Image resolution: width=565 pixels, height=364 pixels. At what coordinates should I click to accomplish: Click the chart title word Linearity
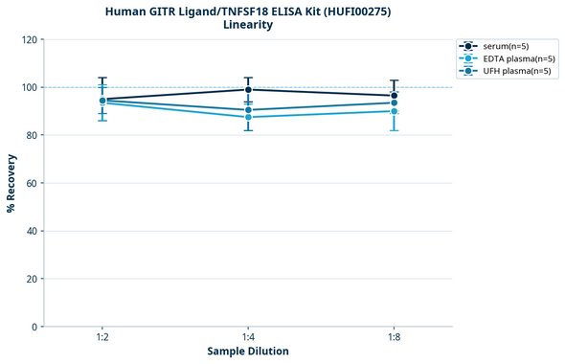(248, 25)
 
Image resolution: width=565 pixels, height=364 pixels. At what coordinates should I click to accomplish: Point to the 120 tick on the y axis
(28, 40)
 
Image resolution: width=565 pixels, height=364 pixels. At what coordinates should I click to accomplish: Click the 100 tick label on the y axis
(28, 88)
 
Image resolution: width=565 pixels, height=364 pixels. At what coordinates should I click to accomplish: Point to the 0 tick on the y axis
(34, 328)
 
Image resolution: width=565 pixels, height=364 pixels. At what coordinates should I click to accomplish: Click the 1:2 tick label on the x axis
(102, 338)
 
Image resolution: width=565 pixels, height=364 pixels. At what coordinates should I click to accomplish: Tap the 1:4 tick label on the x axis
(248, 338)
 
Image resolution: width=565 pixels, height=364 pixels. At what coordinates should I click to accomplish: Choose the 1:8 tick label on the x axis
(394, 338)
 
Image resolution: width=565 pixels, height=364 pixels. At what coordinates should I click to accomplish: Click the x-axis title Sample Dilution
(248, 352)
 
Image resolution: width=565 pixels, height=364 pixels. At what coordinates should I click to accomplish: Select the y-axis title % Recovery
(11, 184)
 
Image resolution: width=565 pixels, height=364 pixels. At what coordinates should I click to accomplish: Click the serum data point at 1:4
(248, 90)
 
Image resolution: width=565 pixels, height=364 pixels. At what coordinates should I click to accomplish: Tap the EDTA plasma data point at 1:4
(248, 117)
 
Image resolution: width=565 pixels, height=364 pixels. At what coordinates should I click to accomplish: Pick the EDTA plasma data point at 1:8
(394, 111)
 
